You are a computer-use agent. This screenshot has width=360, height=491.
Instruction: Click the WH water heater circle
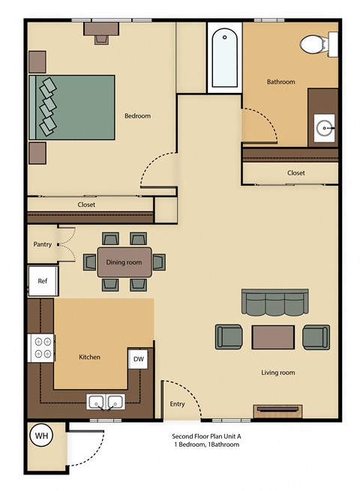(40, 436)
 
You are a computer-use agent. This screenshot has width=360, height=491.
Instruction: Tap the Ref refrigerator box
(43, 281)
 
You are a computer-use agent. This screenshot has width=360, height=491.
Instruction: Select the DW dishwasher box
(139, 360)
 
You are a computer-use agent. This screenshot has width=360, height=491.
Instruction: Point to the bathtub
(224, 58)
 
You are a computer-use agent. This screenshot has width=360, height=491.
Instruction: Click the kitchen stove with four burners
(41, 347)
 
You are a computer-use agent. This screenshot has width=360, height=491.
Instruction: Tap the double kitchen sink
(105, 403)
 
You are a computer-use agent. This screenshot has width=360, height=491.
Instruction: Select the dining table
(124, 262)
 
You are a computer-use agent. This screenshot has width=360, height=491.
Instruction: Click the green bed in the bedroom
(73, 106)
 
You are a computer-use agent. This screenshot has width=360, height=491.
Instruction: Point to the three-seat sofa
(274, 302)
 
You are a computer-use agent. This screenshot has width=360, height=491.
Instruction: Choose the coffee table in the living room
(273, 337)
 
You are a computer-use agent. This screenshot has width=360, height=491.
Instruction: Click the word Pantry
(42, 244)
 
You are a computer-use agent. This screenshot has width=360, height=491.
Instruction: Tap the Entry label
(178, 404)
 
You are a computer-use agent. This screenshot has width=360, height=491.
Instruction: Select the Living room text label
(277, 373)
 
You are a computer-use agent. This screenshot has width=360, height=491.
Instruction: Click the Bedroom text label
(137, 115)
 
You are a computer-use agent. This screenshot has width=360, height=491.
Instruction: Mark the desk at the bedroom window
(100, 28)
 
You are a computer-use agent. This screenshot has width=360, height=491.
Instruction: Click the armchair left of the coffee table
(229, 337)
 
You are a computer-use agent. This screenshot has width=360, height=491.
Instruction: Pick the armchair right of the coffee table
(316, 337)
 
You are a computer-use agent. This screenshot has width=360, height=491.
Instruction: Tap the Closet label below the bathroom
(295, 173)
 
